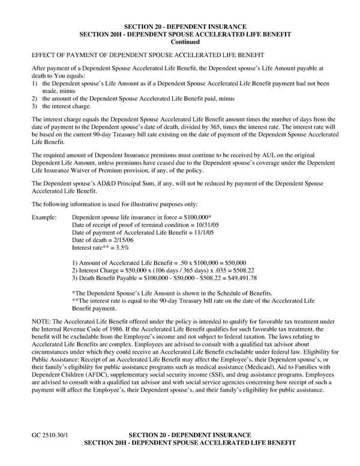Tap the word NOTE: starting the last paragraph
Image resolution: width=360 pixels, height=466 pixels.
tap(41, 322)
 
